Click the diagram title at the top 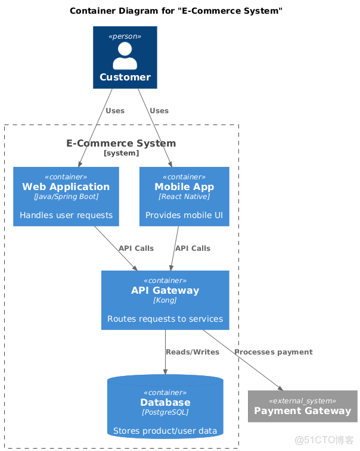tap(176, 11)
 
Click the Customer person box tap(125, 57)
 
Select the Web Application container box tap(66, 197)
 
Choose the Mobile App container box tap(184, 197)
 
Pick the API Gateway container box tap(165, 300)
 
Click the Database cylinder tap(165, 407)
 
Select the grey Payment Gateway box tap(302, 406)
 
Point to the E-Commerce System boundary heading tap(121, 143)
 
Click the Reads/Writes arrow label tap(193, 352)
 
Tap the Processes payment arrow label tap(274, 352)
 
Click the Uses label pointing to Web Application tap(115, 111)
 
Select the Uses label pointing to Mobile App tap(159, 111)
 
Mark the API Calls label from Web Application tap(136, 248)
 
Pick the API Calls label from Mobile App tap(193, 248)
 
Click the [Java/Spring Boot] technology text tap(66, 197)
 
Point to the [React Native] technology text tap(184, 197)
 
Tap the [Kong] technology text tap(165, 300)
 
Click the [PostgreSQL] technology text tap(165, 412)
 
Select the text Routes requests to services tap(165, 319)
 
